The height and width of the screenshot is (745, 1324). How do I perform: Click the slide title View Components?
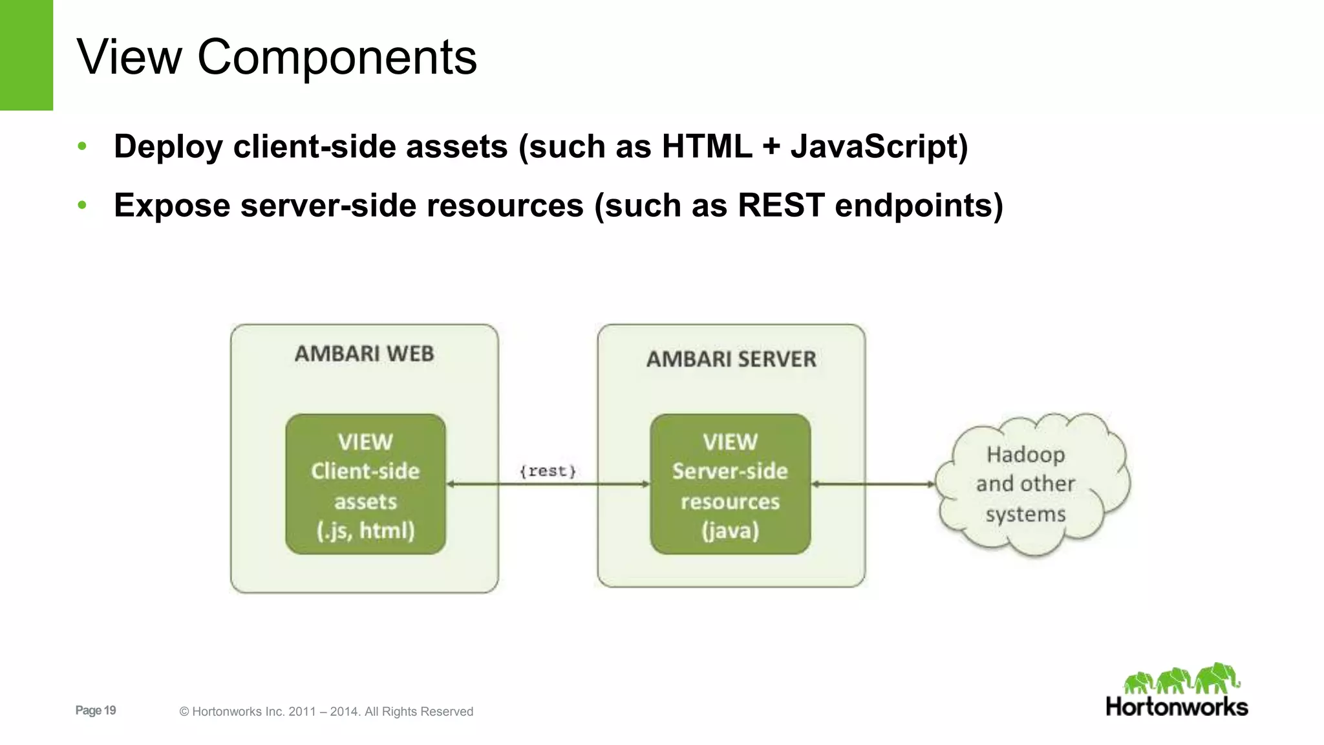point(277,57)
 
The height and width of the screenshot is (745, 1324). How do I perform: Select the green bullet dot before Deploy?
point(82,146)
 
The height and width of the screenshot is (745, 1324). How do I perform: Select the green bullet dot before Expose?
point(82,206)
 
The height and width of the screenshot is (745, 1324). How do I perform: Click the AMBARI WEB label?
point(364,354)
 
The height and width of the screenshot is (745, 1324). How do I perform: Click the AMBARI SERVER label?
point(731,359)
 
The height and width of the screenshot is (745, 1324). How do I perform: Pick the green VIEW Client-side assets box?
point(365,484)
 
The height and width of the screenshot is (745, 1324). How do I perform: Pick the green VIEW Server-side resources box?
point(730,484)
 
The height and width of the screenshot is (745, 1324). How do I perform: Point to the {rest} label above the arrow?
point(548,471)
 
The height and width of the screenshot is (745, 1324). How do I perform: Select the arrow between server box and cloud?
point(873,484)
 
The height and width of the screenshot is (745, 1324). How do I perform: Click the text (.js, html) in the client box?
point(365,531)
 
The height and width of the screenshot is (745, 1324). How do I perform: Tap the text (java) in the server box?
point(730,531)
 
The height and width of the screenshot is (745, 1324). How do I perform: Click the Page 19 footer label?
point(96,710)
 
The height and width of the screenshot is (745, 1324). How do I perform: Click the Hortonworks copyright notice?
point(326,711)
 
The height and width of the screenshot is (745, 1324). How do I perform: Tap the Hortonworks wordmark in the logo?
point(1177,706)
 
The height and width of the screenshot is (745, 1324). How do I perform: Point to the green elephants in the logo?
point(1182,679)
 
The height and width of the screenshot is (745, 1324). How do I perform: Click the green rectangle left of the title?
point(26,55)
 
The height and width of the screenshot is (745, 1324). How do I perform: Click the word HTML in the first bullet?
point(707,146)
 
